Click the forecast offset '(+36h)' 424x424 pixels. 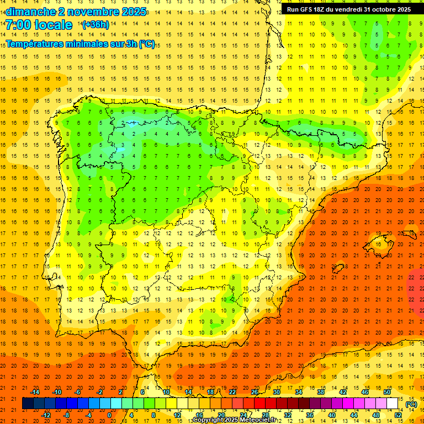click(96, 25)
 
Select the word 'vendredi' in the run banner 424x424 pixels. click(345, 9)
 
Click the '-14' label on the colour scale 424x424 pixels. click(35, 392)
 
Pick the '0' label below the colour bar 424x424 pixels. click(109, 415)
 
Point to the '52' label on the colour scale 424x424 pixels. click(398, 415)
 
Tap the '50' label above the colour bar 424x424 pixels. click(387, 392)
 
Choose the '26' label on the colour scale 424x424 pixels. click(255, 392)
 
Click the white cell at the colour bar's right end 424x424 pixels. click(392, 404)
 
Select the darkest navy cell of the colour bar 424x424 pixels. click(28, 404)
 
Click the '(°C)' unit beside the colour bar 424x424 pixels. click(411, 404)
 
